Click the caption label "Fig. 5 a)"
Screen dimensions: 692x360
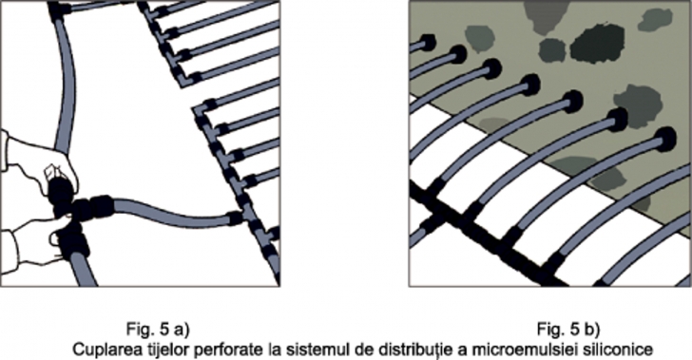pos(158,330)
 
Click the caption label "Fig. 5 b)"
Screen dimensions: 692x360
pos(568,330)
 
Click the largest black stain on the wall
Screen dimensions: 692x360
pos(597,44)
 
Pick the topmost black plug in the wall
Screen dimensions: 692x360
pos(426,43)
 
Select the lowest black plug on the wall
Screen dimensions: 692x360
pos(665,139)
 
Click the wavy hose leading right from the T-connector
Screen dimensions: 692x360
pos(172,213)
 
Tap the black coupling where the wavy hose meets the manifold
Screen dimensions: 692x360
pos(235,218)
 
